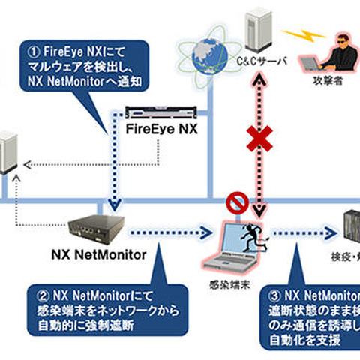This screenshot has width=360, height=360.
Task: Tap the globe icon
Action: tap(207, 54)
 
